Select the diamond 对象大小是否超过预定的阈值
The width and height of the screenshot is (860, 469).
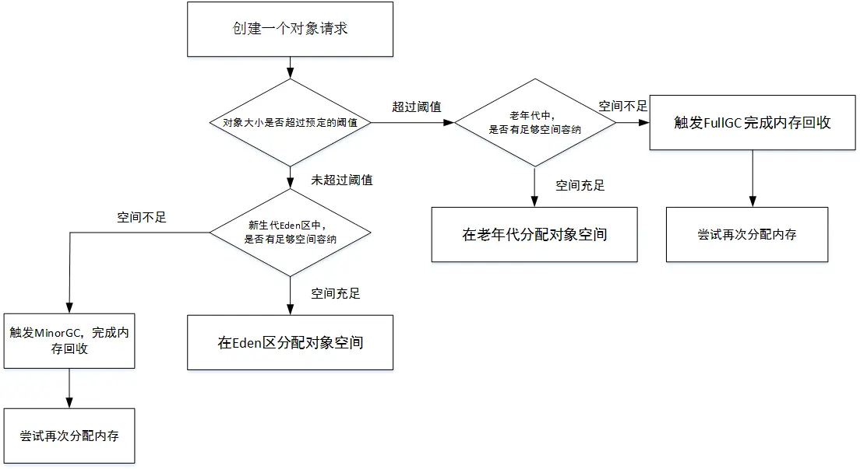[x=290, y=122]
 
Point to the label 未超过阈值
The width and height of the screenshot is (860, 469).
[x=342, y=180]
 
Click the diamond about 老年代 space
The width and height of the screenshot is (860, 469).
[x=534, y=122]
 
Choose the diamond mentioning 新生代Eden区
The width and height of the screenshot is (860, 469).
[x=291, y=232]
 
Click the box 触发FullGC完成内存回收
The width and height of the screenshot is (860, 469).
[x=752, y=123]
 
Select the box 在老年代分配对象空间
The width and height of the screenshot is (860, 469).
[x=534, y=234]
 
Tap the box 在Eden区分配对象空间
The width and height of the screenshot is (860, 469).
[x=291, y=342]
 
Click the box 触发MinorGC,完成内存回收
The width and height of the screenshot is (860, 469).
[x=69, y=341]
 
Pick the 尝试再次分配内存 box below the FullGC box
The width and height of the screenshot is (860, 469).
[x=746, y=234]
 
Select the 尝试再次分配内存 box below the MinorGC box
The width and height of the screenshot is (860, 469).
[x=69, y=436]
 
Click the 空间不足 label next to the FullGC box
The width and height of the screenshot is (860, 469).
[x=622, y=106]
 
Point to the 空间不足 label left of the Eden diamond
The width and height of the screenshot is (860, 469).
[x=142, y=217]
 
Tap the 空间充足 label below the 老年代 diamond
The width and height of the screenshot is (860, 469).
[x=580, y=185]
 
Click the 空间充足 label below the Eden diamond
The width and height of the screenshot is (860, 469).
[x=336, y=293]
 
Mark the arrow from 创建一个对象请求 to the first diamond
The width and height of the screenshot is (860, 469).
[x=290, y=66]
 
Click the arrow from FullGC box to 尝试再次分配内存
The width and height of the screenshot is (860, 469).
[x=752, y=178]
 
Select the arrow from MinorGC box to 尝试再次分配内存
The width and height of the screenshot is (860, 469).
[x=70, y=387]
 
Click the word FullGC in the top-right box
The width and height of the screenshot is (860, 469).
[x=723, y=123]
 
